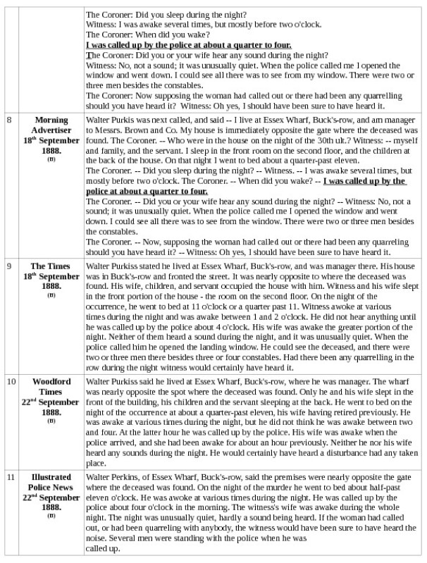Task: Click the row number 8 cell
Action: click(x=9, y=120)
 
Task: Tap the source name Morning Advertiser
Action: click(x=51, y=125)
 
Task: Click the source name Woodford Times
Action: click(x=51, y=386)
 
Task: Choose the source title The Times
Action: click(x=51, y=266)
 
